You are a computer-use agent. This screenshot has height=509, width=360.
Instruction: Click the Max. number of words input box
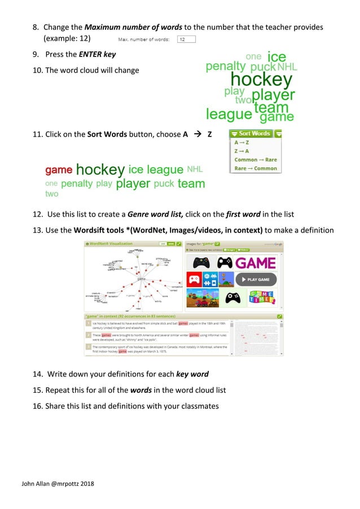[186, 39]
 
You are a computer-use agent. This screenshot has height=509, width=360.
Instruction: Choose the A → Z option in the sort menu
[241, 143]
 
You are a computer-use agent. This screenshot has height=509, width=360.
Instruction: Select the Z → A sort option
[241, 151]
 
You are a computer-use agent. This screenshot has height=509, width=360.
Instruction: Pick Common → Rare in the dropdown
[255, 160]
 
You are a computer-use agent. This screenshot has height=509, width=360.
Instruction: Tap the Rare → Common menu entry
[255, 168]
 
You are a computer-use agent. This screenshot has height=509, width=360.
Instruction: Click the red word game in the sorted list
[58, 170]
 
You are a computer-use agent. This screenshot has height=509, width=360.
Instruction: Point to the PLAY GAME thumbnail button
[256, 279]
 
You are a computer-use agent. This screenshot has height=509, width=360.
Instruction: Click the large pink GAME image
[256, 263]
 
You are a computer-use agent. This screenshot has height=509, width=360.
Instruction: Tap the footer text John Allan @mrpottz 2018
[58, 484]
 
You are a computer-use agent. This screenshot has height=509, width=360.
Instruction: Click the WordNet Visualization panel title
[111, 244]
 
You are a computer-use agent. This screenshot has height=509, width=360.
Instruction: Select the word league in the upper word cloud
[229, 115]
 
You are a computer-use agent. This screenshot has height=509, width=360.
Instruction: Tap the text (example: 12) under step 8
[68, 39]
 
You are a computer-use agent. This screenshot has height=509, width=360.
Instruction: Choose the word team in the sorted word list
[191, 183]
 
